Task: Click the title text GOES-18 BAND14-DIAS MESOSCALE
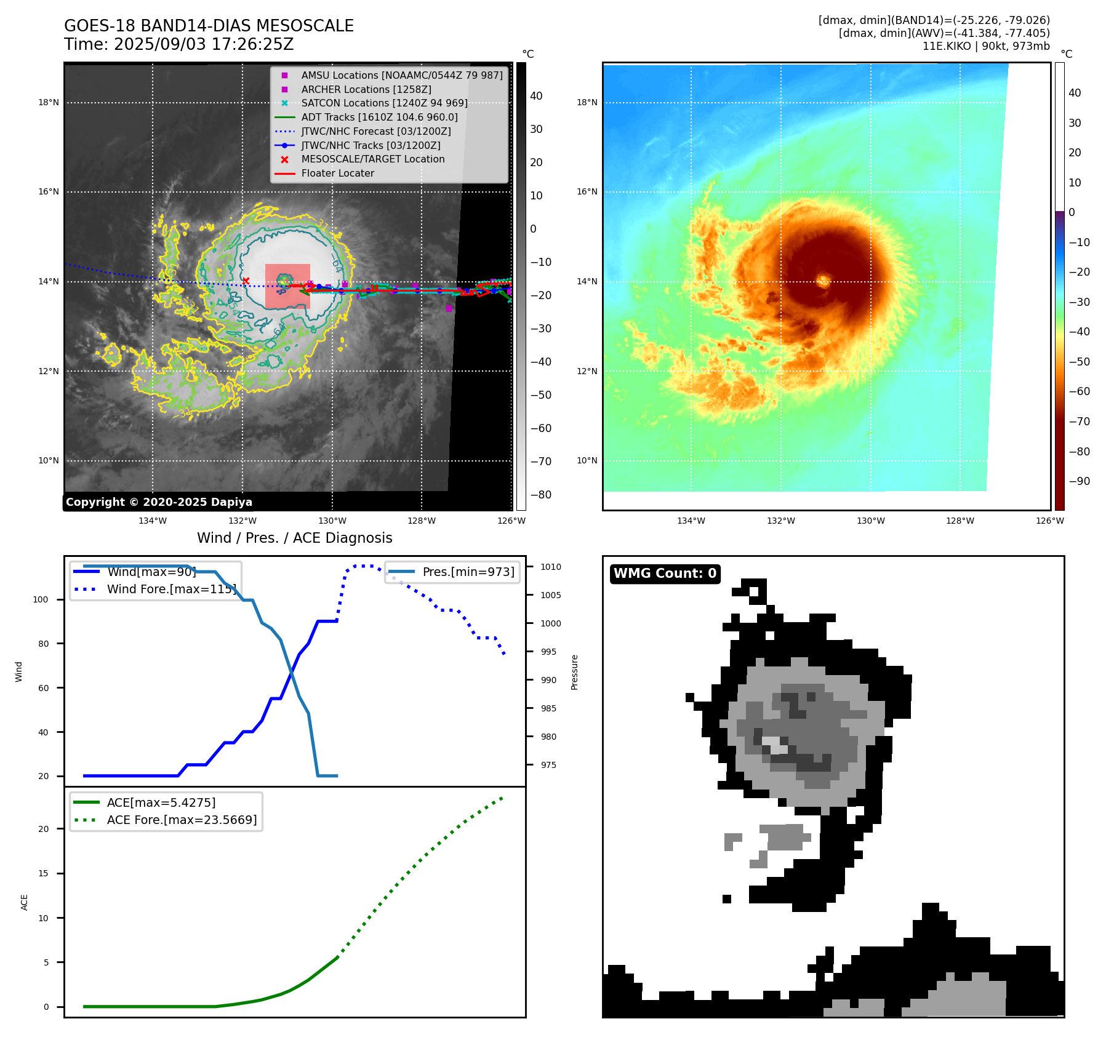(x=209, y=26)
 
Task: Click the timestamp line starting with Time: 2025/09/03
(x=178, y=45)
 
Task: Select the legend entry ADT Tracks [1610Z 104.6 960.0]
(x=379, y=117)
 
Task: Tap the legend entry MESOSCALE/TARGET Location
(x=372, y=159)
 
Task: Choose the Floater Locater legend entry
(x=337, y=173)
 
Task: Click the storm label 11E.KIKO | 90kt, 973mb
(x=986, y=46)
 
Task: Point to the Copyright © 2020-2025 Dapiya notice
(x=159, y=502)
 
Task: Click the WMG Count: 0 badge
(x=665, y=574)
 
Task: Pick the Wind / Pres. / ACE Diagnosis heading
(x=294, y=538)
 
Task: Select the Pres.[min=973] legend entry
(x=468, y=572)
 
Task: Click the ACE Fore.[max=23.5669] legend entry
(x=182, y=820)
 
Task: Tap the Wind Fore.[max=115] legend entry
(x=171, y=589)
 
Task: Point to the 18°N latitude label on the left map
(x=49, y=103)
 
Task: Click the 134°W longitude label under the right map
(x=691, y=521)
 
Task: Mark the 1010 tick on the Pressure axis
(x=551, y=567)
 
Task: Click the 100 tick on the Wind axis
(x=41, y=599)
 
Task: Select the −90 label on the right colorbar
(x=1079, y=481)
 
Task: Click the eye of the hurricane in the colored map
(x=823, y=281)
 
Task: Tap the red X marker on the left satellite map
(x=246, y=281)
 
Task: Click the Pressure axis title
(x=574, y=672)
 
